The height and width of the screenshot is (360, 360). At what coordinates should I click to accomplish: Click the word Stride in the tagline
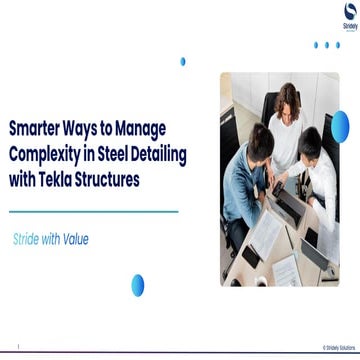pyautogui.click(x=27, y=240)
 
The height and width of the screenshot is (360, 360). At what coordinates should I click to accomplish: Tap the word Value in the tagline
pyautogui.click(x=76, y=240)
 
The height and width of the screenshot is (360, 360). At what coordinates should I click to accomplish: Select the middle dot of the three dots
pyautogui.click(x=326, y=45)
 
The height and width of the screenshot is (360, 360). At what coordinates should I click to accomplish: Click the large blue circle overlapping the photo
pyautogui.click(x=340, y=126)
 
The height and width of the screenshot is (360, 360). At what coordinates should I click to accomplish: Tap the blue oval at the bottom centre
pyautogui.click(x=137, y=285)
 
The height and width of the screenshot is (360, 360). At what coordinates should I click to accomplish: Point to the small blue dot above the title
pyautogui.click(x=183, y=61)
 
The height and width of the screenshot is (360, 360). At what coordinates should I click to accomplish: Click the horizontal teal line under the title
pyautogui.click(x=93, y=211)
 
